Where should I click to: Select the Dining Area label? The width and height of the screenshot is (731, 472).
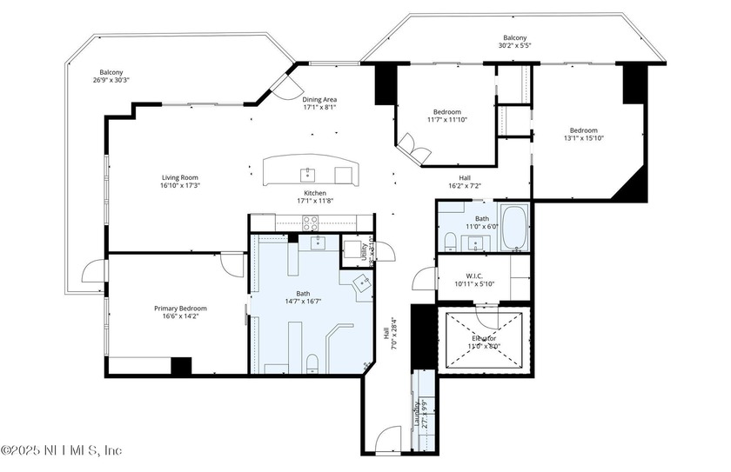pos(319,99)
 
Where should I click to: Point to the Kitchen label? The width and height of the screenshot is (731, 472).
pos(314,192)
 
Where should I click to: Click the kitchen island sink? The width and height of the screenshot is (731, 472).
pos(306,172)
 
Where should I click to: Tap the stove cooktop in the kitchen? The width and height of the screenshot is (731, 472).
pos(343,175)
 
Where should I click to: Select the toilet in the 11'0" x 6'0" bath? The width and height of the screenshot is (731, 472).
pos(450,240)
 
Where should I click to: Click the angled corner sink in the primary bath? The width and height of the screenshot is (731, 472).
pos(361,283)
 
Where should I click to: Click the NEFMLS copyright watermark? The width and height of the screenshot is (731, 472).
pos(61,449)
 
